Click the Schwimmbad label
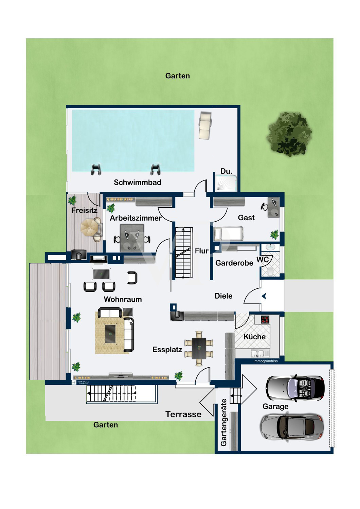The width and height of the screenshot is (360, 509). (x=137, y=182)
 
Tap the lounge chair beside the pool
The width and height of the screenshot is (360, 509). (x=205, y=126)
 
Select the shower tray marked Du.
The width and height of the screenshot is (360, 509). (x=226, y=183)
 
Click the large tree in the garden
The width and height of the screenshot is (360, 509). (x=289, y=134)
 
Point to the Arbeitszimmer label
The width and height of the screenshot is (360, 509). (x=136, y=218)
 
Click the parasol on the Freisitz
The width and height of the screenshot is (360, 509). (x=89, y=227)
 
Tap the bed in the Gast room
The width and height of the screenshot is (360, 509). (x=228, y=233)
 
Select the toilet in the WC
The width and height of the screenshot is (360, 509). (x=270, y=271)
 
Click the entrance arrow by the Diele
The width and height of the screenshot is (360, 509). (x=264, y=296)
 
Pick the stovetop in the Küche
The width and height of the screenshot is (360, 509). (x=265, y=319)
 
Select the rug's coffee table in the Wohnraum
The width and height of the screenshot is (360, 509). (x=110, y=334)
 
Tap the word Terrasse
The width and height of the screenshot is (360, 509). (x=183, y=414)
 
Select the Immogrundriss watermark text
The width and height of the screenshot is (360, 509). (x=266, y=361)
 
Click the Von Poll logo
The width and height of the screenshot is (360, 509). (x=80, y=382)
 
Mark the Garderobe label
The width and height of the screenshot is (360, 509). (x=234, y=263)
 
